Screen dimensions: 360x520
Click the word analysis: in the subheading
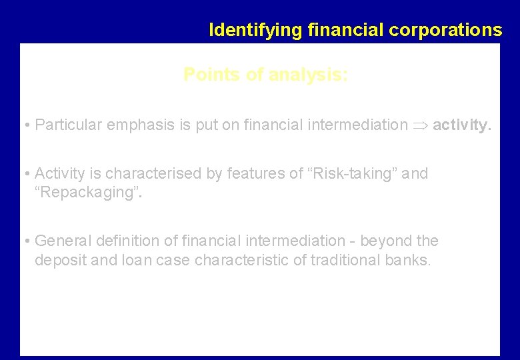(x=307, y=75)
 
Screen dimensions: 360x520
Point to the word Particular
(x=65, y=125)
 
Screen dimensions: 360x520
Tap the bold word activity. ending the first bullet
(x=462, y=125)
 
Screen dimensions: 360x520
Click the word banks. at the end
(x=408, y=261)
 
